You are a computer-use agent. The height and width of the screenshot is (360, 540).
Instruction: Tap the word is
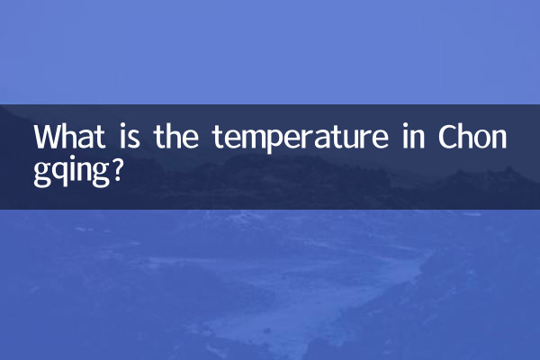tap(127, 138)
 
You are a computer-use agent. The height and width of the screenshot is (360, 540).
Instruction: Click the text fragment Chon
tap(473, 138)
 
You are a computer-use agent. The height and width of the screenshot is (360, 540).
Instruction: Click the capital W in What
tap(48, 138)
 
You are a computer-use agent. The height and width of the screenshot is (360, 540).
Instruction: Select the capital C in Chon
tap(448, 138)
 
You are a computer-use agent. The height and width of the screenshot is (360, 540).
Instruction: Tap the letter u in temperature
tap(350, 139)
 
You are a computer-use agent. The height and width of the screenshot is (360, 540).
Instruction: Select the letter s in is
tap(132, 139)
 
